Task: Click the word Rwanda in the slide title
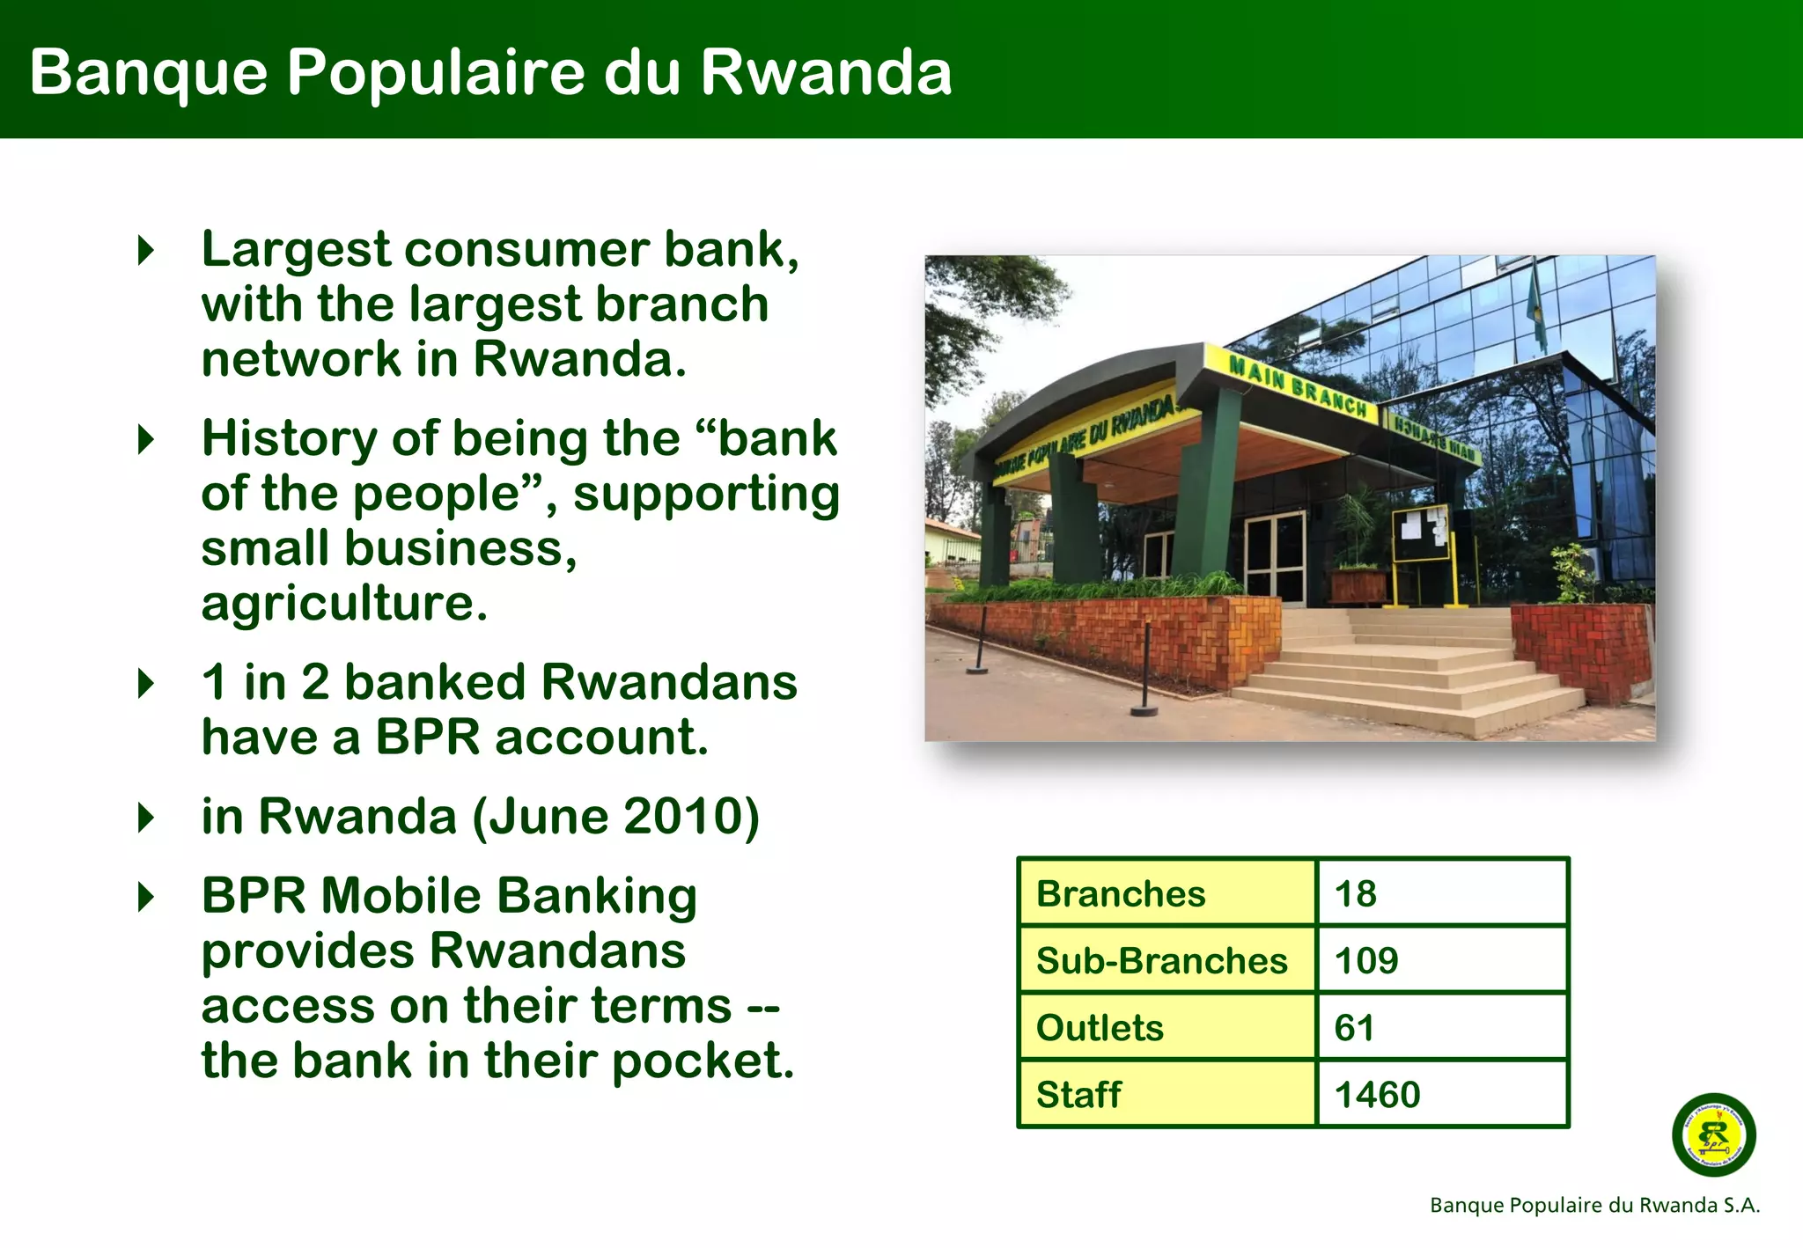tap(825, 72)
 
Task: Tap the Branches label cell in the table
tap(1120, 893)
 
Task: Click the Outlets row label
tap(1100, 1027)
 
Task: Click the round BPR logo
tap(1713, 1134)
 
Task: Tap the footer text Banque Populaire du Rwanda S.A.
tap(1594, 1205)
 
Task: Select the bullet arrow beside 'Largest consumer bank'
tap(146, 251)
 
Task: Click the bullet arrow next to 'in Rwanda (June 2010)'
tap(146, 818)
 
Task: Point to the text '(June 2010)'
tap(615, 817)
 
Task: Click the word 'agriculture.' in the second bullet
tap(344, 604)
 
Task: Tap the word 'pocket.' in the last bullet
tap(703, 1061)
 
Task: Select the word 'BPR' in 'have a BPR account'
tap(429, 738)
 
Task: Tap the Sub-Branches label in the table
tap(1161, 960)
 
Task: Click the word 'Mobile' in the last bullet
tap(401, 896)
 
